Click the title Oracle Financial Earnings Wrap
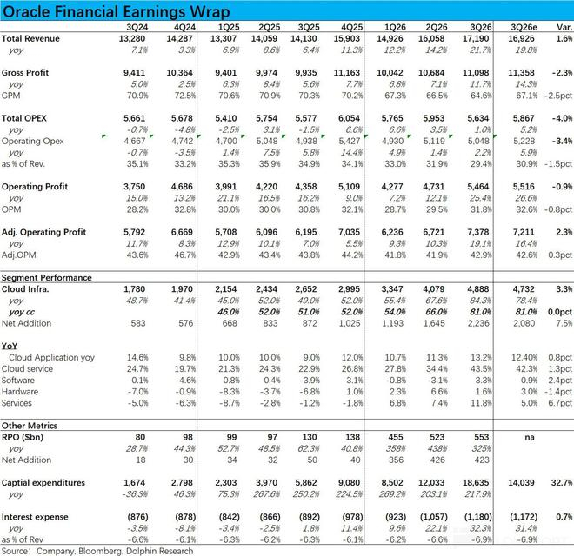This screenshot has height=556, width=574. pos(117,12)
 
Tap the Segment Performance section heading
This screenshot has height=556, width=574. pos(46,277)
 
